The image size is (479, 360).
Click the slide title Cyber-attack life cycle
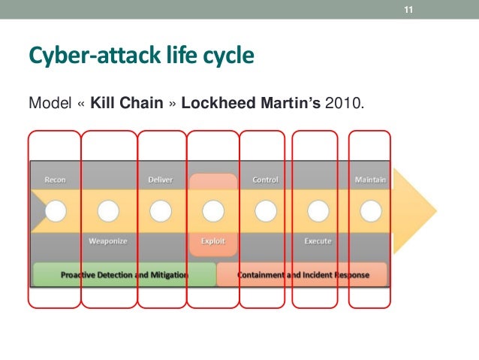pos(140,56)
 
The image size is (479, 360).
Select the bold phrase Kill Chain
pos(126,102)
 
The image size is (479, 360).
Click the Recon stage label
pos(55,180)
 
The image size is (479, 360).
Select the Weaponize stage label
pos(108,241)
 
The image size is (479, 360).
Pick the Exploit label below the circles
pos(213,241)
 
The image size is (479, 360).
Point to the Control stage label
pos(266,180)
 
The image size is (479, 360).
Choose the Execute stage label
pos(318,241)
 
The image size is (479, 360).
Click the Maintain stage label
pos(370,180)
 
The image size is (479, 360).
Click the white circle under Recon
pos(56,211)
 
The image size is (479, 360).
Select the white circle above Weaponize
pos(108,211)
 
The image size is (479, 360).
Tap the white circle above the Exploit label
pos(213,211)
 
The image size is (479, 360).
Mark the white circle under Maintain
pos(370,211)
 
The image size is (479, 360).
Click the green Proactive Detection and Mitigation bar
pos(124,275)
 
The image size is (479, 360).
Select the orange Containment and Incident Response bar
pos(303,275)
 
